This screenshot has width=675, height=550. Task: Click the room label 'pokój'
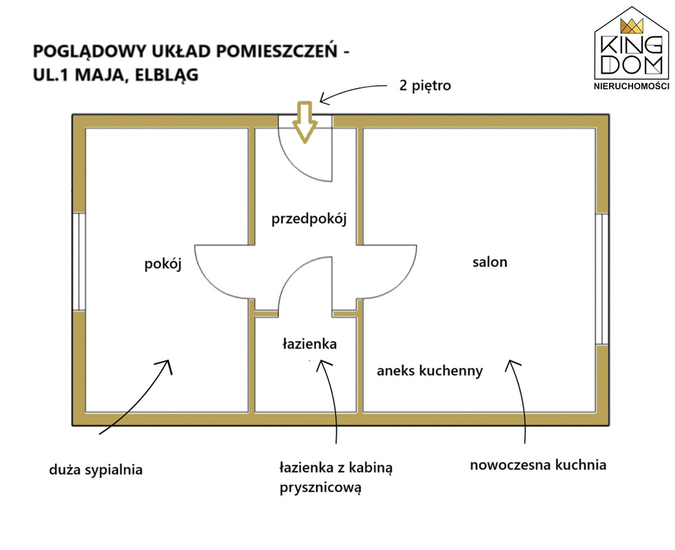pyautogui.click(x=163, y=265)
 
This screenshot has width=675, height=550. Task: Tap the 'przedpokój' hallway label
pyautogui.click(x=309, y=219)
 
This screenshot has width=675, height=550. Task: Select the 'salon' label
pyautogui.click(x=490, y=262)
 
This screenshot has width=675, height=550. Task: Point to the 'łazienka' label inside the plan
pyautogui.click(x=309, y=344)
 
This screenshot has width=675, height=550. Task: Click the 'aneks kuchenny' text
pyautogui.click(x=430, y=371)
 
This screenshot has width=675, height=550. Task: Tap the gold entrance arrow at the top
pyautogui.click(x=305, y=122)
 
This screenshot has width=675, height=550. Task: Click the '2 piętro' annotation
pyautogui.click(x=425, y=85)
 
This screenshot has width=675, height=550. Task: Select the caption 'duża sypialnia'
pyautogui.click(x=96, y=470)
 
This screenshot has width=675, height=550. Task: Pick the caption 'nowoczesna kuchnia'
pyautogui.click(x=538, y=465)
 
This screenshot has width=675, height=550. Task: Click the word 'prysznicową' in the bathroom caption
pyautogui.click(x=320, y=488)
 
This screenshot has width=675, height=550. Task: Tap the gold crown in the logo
pyautogui.click(x=632, y=26)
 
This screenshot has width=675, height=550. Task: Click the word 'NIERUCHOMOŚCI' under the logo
pyautogui.click(x=632, y=86)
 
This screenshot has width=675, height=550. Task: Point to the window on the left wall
pyautogui.click(x=79, y=261)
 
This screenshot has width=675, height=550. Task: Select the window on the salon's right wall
pyautogui.click(x=602, y=278)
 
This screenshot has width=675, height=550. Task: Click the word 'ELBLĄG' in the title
pyautogui.click(x=166, y=75)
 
